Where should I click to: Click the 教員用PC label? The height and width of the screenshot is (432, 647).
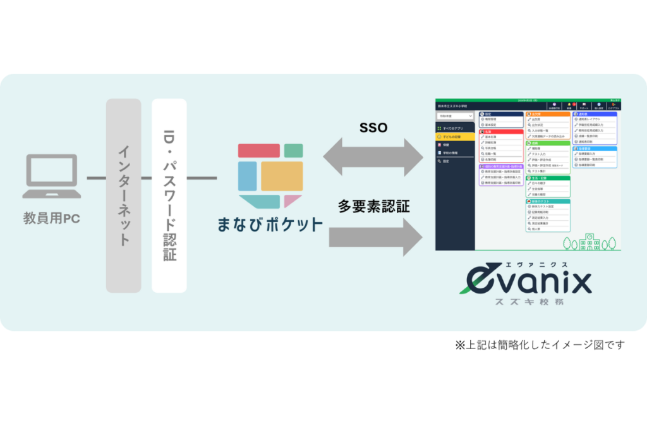52,219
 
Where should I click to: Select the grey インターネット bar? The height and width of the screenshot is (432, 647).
123,195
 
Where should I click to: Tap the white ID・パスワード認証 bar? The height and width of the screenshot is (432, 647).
169,195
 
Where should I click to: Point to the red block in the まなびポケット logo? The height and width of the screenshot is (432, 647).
259,151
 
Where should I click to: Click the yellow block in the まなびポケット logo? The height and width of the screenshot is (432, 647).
282,176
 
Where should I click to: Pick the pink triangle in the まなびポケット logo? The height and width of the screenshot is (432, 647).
292,201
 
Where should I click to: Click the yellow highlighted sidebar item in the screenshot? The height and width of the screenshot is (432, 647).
455,137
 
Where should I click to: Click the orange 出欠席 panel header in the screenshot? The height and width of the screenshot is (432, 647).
547,113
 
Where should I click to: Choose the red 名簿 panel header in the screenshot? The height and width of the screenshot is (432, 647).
501,131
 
